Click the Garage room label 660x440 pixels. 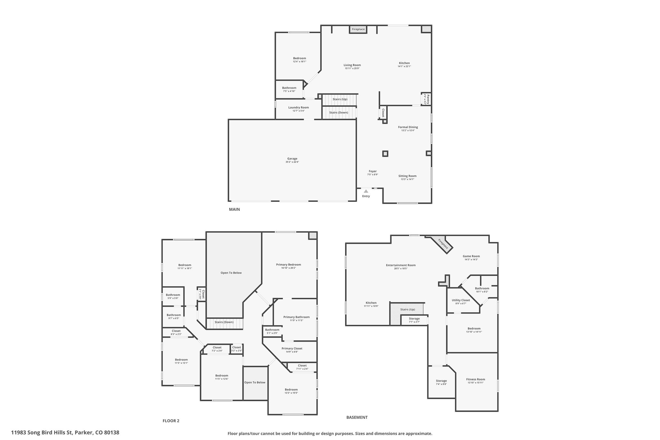click(x=292, y=159)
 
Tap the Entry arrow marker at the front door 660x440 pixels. click(x=366, y=191)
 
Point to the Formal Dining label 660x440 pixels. click(x=408, y=127)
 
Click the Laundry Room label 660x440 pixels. click(x=298, y=107)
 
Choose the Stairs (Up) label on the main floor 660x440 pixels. click(x=340, y=99)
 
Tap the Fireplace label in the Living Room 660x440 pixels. click(x=358, y=29)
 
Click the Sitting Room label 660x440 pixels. click(x=407, y=176)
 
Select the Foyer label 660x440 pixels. click(x=373, y=171)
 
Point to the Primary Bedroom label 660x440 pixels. click(x=288, y=265)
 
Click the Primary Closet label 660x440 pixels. click(x=292, y=348)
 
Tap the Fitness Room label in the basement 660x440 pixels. click(x=475, y=379)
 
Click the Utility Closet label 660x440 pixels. click(x=461, y=300)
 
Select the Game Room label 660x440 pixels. click(x=471, y=256)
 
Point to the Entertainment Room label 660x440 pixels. click(x=401, y=265)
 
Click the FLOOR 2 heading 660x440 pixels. click(x=171, y=421)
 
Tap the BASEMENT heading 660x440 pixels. click(x=357, y=417)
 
